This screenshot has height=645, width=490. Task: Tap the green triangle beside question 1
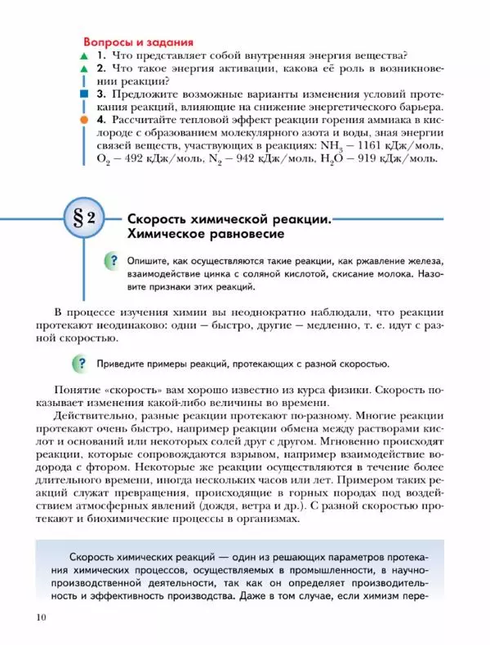click(x=82, y=56)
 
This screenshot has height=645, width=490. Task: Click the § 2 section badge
click(x=83, y=219)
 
